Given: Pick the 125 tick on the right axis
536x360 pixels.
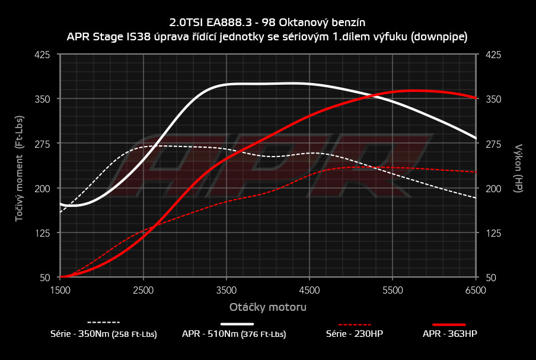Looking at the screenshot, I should point(493,233).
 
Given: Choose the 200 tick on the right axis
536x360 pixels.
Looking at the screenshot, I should point(493,189).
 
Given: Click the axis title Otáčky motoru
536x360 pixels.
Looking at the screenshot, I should point(268,307).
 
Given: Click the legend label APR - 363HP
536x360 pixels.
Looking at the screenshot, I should point(450,334).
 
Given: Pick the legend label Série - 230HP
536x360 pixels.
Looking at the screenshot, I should point(355,334).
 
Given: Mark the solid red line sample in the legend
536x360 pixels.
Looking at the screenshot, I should point(449,324).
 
